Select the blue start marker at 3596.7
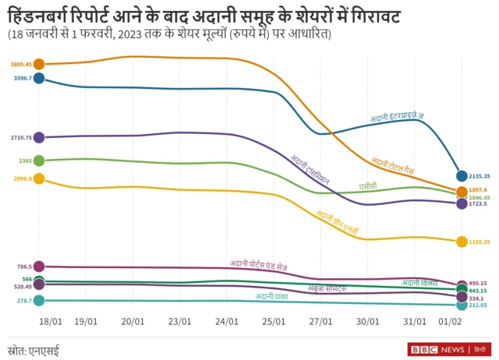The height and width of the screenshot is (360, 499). tap(39, 78)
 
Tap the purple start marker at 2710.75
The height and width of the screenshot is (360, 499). tap(39, 137)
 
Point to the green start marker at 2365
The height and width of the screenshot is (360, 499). tap(39, 161)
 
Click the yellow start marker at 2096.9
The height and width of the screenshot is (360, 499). tap(39, 178)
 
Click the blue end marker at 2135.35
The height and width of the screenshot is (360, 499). tap(462, 176)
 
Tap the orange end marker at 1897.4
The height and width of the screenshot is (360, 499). tap(462, 191)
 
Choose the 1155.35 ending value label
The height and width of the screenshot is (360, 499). tap(480, 242)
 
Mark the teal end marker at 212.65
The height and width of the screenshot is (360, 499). tap(462, 305)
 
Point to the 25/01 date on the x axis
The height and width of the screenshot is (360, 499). tap(274, 322)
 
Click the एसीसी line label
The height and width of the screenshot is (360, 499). tap(369, 185)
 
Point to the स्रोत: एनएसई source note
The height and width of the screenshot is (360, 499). tap(34, 349)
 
